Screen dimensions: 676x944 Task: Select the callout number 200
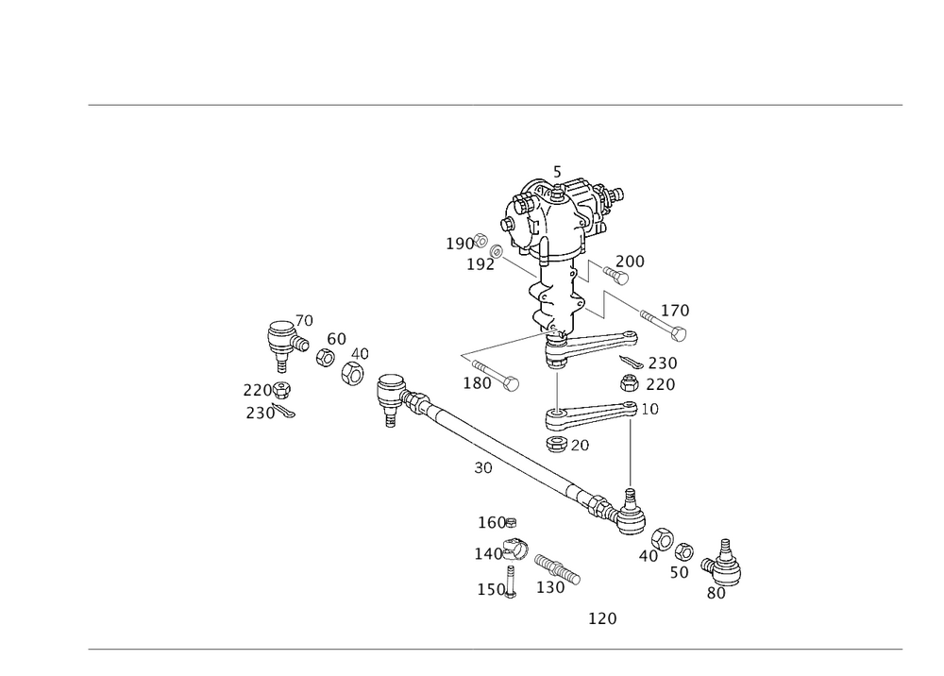click(x=630, y=261)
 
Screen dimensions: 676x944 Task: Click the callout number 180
click(x=477, y=383)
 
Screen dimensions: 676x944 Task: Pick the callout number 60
click(x=336, y=338)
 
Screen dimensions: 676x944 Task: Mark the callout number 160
click(x=494, y=522)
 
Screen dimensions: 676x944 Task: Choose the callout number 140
click(x=488, y=552)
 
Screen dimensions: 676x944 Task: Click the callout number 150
click(x=492, y=588)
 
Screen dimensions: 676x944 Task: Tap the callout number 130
click(x=550, y=587)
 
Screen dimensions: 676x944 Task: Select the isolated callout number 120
click(x=602, y=618)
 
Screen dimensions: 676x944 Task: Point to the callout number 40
click(x=648, y=556)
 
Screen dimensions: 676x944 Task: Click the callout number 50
click(x=680, y=571)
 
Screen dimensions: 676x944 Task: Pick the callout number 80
click(x=716, y=593)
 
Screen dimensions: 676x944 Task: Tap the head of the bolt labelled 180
click(x=511, y=384)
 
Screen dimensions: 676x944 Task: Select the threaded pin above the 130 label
click(x=556, y=567)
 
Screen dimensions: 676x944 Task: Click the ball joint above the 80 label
click(x=727, y=565)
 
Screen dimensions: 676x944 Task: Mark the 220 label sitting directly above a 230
click(x=256, y=390)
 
